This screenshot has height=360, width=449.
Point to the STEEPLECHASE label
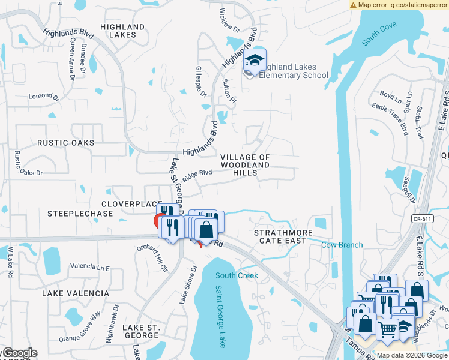coord(72,213)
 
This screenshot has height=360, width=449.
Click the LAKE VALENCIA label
coord(76,293)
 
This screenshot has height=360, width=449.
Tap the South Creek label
coord(237,275)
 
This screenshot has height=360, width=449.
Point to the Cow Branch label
coord(342,245)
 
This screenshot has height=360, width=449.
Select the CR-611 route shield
coord(423,220)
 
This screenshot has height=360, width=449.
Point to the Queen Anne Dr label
coord(73,59)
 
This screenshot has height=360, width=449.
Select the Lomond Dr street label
coord(44,97)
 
